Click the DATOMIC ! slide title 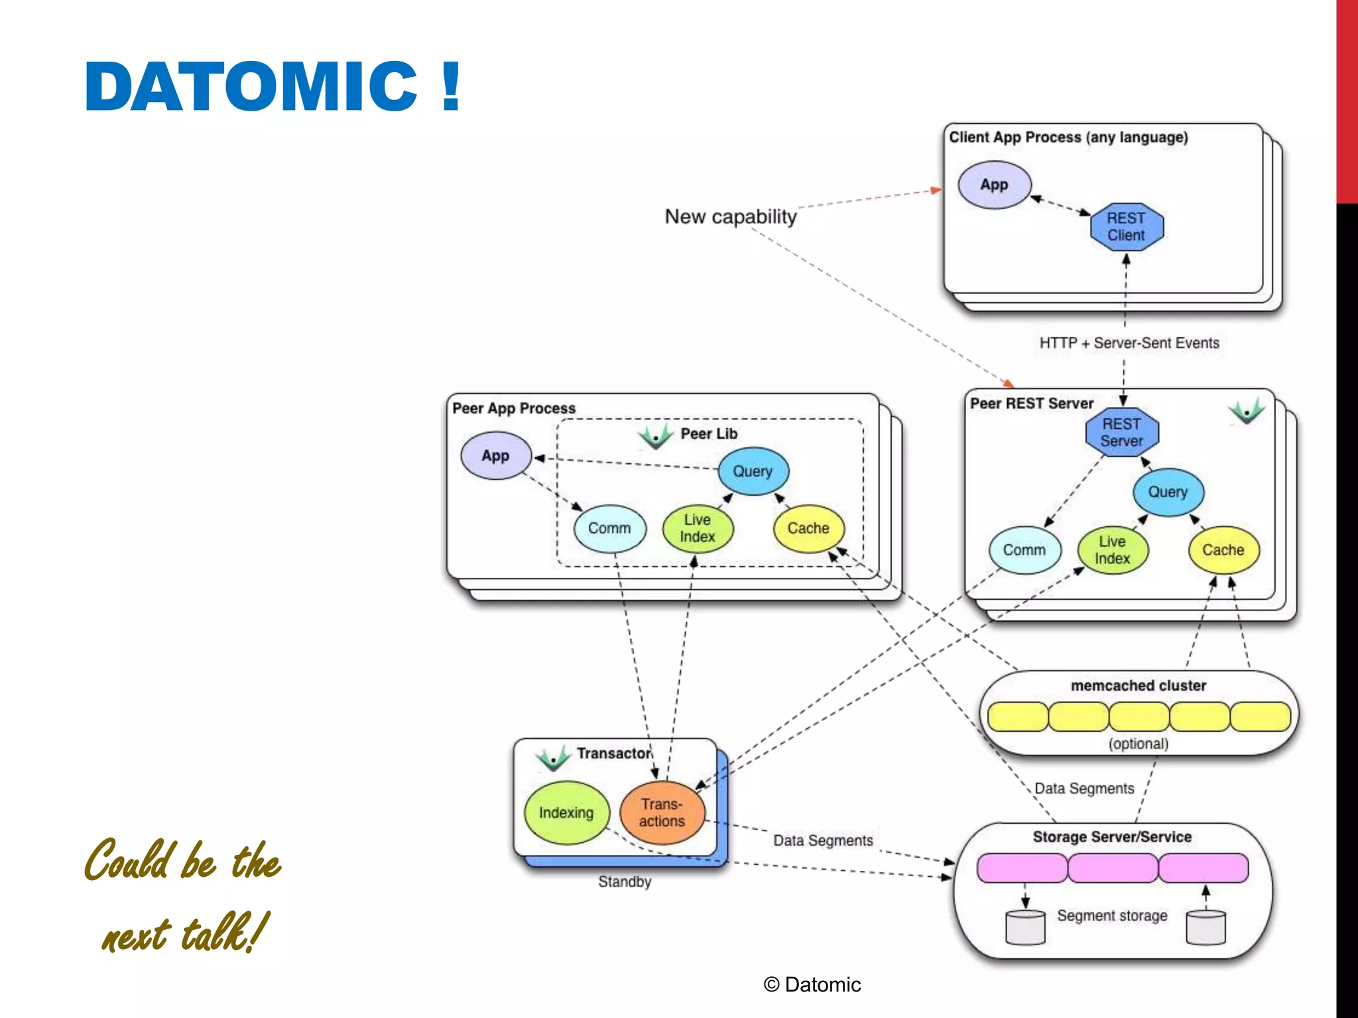272,86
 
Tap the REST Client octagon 1126,227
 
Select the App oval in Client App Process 994,185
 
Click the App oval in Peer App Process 495,456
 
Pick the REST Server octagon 1121,432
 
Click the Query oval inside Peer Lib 753,471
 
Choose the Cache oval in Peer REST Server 1223,550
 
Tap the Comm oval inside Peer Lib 609,528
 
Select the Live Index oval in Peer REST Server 1112,550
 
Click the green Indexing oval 566,813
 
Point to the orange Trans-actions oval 662,813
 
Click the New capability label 731,217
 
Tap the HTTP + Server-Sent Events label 1129,343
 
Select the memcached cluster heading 1138,685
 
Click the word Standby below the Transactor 624,882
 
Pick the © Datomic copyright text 812,985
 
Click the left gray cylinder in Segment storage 1024,927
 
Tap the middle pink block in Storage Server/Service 1113,868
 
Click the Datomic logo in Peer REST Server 1247,412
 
